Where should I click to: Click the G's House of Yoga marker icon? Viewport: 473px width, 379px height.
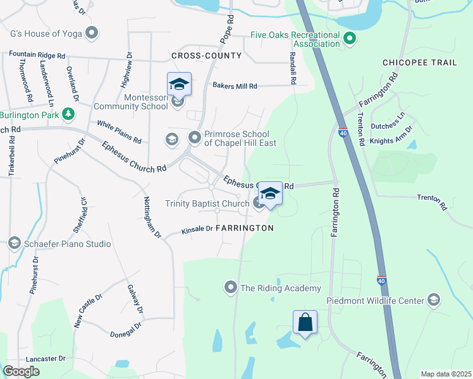(93, 32)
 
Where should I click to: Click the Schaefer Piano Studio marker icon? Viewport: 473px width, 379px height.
(14, 244)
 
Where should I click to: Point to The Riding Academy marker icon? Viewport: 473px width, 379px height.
(231, 288)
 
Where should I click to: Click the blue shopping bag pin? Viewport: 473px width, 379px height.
(305, 322)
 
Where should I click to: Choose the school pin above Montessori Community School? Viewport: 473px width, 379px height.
(179, 85)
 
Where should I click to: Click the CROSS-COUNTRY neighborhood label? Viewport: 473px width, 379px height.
(206, 56)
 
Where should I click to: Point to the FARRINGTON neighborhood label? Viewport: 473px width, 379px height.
(245, 227)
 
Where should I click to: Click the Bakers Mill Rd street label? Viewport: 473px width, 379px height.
(235, 85)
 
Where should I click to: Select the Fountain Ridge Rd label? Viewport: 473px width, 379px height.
(37, 56)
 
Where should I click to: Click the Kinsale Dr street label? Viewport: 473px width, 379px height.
(197, 229)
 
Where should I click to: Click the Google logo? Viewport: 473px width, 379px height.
(21, 371)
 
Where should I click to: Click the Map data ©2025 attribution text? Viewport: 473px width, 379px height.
(446, 374)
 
